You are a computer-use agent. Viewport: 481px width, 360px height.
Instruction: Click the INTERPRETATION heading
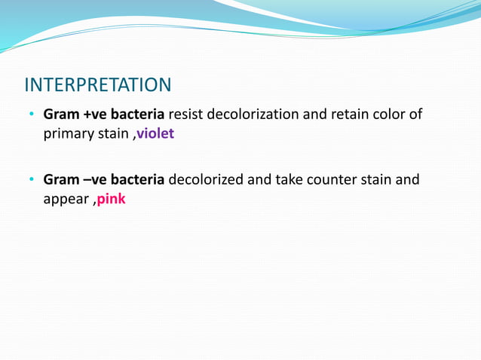pos(98,83)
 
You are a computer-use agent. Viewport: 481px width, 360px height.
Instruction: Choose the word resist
pos(185,115)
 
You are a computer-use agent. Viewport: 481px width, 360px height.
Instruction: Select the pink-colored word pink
pos(112,201)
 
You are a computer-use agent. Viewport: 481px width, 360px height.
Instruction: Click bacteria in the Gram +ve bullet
pos(138,115)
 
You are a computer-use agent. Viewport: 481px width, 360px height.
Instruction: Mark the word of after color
pos(415,115)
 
